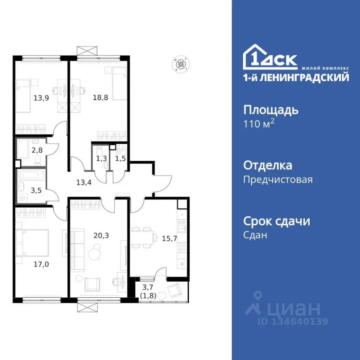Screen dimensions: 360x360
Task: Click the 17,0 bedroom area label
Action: click(41, 264)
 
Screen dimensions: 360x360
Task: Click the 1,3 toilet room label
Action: click(100, 159)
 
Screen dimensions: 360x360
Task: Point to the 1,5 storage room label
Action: click(120, 159)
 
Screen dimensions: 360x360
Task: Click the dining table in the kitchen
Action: click(143, 237)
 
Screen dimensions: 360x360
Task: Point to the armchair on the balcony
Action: click(174, 290)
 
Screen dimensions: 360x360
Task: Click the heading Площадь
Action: click(271, 110)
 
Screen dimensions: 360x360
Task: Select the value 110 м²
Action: click(259, 124)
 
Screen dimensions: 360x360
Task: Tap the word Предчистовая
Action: click(277, 180)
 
